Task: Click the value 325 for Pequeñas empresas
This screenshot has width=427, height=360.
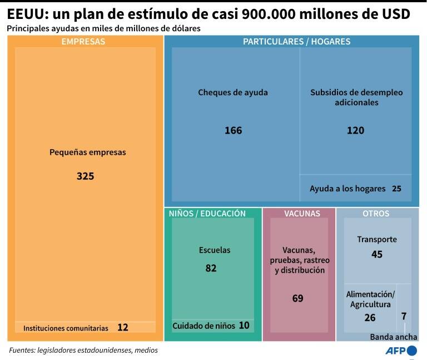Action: click(85, 176)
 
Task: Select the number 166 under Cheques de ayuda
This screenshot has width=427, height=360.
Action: click(233, 130)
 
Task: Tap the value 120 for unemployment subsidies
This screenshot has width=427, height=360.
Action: click(355, 130)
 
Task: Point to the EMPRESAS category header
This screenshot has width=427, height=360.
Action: click(83, 41)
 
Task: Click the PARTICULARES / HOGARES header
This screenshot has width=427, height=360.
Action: click(296, 41)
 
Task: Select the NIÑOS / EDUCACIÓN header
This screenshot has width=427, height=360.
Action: click(207, 213)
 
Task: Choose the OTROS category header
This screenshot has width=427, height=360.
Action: click(376, 213)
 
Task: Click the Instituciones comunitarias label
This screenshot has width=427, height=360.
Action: click(66, 328)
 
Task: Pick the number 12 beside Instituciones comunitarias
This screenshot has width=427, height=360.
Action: click(123, 328)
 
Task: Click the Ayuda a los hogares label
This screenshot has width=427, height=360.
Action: click(347, 189)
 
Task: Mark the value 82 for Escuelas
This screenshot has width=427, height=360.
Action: click(211, 268)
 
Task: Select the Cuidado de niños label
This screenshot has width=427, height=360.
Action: click(203, 326)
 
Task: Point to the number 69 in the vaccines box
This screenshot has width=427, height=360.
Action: click(298, 298)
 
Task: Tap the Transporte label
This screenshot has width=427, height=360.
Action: click(377, 239)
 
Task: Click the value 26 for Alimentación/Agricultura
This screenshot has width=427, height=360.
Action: click(370, 318)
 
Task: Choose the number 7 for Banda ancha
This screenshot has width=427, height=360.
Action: click(404, 316)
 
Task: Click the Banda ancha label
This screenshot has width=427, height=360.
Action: click(394, 337)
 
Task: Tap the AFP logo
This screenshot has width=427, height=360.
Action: click(401, 351)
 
